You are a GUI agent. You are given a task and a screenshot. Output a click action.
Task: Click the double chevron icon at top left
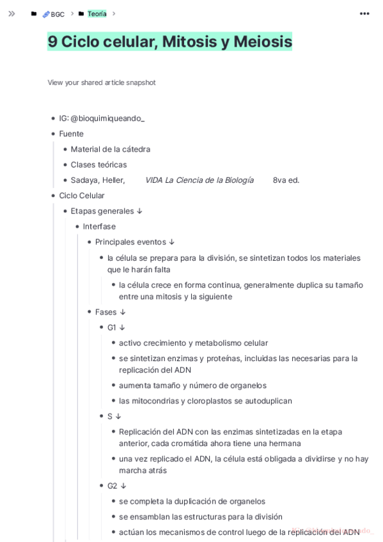(12, 13)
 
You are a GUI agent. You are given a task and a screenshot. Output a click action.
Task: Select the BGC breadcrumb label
(58, 14)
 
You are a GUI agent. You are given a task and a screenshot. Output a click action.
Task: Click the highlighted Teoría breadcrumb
(97, 13)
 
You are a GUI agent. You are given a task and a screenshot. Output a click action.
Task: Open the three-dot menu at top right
(364, 13)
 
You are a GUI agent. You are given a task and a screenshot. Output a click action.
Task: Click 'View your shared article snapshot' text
(102, 82)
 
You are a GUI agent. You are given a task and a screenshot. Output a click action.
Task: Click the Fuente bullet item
(72, 134)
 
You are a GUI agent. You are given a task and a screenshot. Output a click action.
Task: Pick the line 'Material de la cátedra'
(111, 149)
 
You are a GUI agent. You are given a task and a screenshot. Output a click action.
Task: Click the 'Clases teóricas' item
(98, 164)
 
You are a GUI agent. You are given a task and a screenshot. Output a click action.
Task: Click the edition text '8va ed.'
(286, 180)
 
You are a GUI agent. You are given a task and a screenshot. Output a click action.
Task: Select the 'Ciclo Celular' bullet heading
(82, 196)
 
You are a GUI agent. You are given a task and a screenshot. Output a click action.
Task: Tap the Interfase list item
(99, 226)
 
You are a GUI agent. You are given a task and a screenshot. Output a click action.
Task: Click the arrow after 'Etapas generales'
(139, 211)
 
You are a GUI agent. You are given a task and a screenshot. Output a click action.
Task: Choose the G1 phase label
(112, 327)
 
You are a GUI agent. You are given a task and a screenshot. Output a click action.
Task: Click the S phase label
(110, 416)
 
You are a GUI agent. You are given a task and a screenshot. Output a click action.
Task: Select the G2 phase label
(112, 486)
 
